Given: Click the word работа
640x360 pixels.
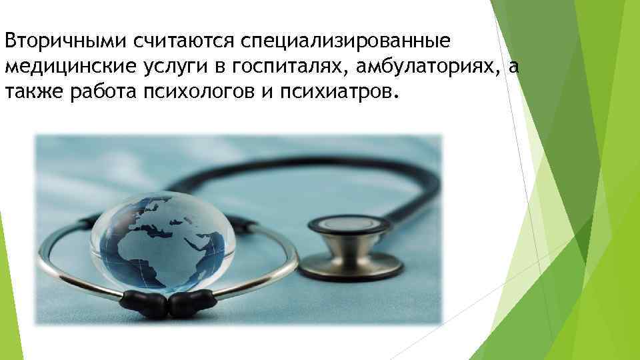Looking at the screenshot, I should tap(101, 91).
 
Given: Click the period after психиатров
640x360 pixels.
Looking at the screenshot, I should tap(399, 95).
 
